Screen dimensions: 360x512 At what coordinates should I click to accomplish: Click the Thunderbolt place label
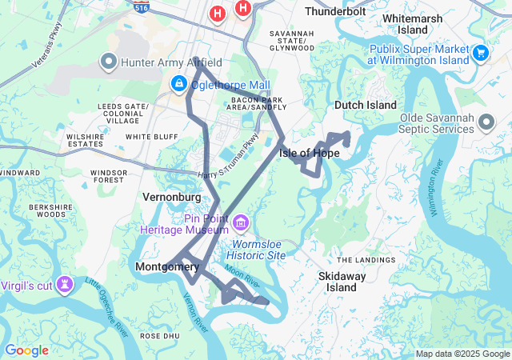tap(335, 12)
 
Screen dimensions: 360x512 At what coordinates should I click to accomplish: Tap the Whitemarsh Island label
tap(416, 23)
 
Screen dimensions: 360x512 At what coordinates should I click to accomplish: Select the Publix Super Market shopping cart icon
tap(480, 54)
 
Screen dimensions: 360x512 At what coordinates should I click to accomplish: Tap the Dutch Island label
tap(365, 105)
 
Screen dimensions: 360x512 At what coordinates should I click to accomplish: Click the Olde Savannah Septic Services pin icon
tap(485, 122)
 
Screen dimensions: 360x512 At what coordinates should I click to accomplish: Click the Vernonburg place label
tap(171, 196)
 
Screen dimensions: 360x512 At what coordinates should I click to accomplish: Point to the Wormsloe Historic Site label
tap(258, 250)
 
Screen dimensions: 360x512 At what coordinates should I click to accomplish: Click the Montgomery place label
tap(167, 266)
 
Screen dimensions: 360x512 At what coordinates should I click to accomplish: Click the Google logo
tap(26, 350)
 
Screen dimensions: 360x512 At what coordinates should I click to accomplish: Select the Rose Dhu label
tap(158, 336)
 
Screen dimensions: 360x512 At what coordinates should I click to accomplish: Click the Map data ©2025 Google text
tap(462, 354)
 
